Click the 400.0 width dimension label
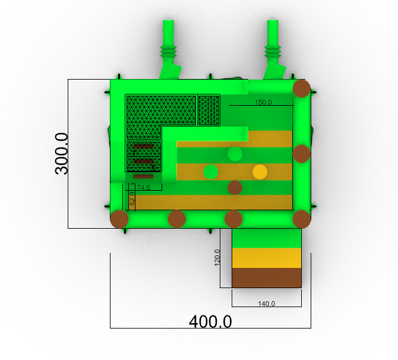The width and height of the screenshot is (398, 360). click(x=210, y=321)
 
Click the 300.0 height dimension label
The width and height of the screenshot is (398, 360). click(x=62, y=154)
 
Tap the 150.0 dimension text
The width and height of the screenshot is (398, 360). click(x=263, y=102)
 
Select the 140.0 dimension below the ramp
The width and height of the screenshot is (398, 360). click(x=267, y=304)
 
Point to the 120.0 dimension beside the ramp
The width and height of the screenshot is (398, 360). click(x=217, y=257)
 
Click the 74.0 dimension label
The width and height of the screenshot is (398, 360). click(x=143, y=188)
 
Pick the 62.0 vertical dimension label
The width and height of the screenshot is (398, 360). click(x=132, y=198)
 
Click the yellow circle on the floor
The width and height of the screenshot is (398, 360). click(x=260, y=172)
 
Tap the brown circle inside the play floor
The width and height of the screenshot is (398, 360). click(x=235, y=188)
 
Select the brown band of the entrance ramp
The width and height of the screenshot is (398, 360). click(x=267, y=278)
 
